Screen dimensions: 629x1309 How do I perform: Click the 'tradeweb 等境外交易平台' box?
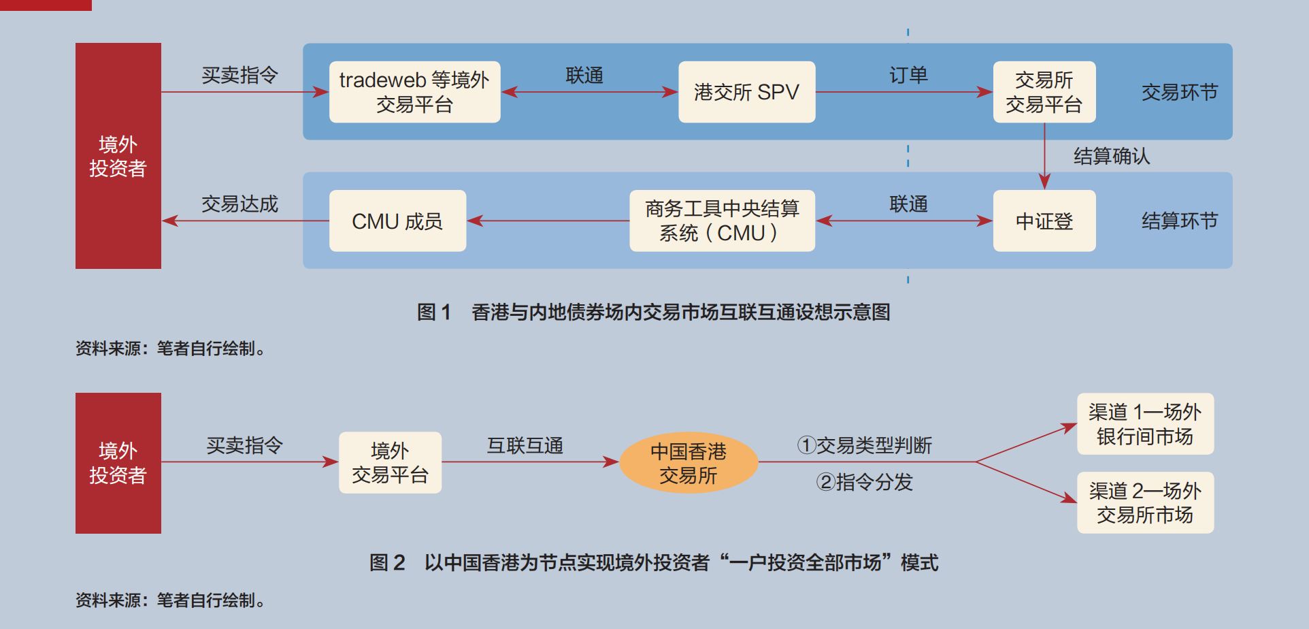pyautogui.click(x=414, y=92)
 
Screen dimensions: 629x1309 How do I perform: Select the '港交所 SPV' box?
pyautogui.click(x=746, y=92)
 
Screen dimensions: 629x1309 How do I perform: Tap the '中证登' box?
pyautogui.click(x=1044, y=221)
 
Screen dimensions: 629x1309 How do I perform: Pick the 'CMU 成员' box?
pyautogui.click(x=397, y=221)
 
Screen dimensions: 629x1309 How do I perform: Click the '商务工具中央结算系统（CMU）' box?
pyautogui.click(x=722, y=221)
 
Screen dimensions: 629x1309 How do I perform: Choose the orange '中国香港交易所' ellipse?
pyautogui.click(x=689, y=463)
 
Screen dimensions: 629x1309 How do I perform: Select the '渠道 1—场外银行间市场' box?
pyautogui.click(x=1145, y=423)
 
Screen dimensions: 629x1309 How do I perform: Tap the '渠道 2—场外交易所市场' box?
pyautogui.click(x=1145, y=502)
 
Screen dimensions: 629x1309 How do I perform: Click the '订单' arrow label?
pyautogui.click(x=908, y=75)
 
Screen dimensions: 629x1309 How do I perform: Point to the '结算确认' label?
pyautogui.click(x=1112, y=156)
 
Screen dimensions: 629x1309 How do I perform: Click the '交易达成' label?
pyautogui.click(x=239, y=204)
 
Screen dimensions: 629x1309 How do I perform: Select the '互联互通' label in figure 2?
pyautogui.click(x=525, y=445)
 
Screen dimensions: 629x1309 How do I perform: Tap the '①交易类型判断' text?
pyautogui.click(x=864, y=445)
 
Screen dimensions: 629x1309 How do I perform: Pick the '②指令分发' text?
pyautogui.click(x=864, y=482)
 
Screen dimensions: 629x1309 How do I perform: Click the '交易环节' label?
pyautogui.click(x=1179, y=92)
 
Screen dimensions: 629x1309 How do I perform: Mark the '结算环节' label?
pyautogui.click(x=1179, y=221)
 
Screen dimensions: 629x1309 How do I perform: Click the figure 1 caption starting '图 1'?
pyautogui.click(x=653, y=312)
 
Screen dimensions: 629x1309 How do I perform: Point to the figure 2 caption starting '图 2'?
pyautogui.click(x=653, y=562)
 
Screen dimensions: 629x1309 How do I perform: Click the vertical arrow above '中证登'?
pyautogui.click(x=1044, y=156)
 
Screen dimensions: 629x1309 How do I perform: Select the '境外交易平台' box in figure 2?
pyautogui.click(x=390, y=462)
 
